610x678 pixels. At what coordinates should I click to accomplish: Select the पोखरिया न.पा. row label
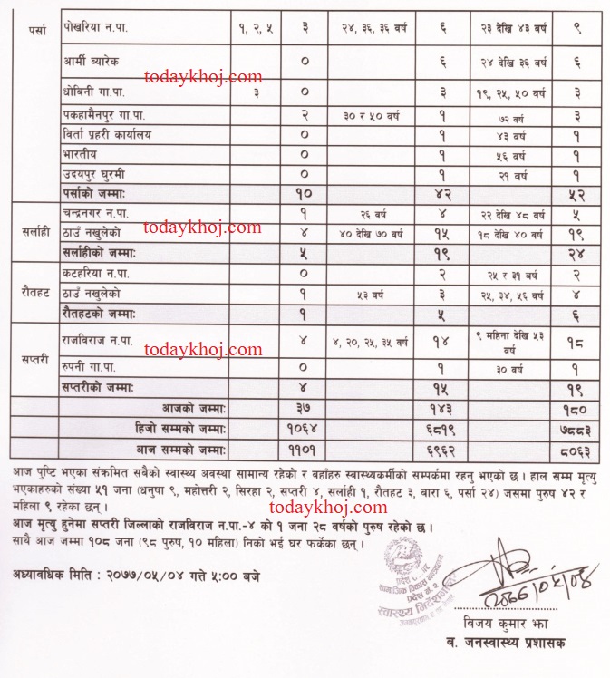96,29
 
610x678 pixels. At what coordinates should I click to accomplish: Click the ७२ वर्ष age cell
513,116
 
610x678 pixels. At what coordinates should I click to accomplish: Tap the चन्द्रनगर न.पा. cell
107,214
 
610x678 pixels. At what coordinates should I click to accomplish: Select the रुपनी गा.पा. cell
94,367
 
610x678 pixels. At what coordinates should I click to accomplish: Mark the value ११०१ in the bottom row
305,447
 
